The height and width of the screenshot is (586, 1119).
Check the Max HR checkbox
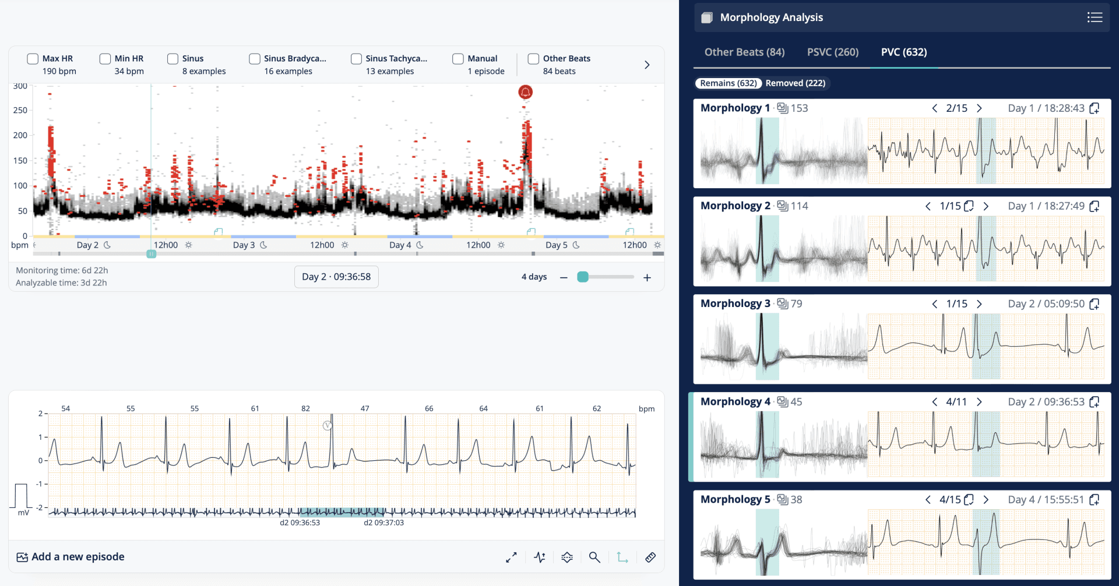(x=33, y=59)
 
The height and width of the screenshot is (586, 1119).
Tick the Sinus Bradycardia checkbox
(x=255, y=59)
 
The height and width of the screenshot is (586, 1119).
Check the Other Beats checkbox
(x=533, y=59)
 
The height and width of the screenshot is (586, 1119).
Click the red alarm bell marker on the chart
(x=525, y=92)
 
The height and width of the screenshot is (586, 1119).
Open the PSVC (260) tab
(x=832, y=52)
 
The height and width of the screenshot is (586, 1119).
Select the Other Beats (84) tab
(x=744, y=52)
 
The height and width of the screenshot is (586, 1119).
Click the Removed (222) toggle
(x=795, y=83)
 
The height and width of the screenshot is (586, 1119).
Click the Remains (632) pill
(x=728, y=83)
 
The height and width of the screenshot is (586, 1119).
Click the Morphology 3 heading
(x=735, y=303)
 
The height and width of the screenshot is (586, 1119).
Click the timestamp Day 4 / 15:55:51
(x=1046, y=500)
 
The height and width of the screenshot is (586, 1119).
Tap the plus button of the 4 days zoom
(x=647, y=278)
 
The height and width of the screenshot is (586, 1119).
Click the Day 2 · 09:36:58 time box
(x=336, y=277)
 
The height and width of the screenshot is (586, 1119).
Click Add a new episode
(x=71, y=557)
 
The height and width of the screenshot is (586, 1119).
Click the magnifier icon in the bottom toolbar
(x=594, y=557)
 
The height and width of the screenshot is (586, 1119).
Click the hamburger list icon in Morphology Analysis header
(x=1095, y=17)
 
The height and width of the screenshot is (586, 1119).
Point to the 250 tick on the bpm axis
(x=20, y=110)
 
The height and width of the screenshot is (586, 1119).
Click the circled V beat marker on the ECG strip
(x=328, y=426)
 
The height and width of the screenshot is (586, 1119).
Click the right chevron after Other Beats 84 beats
(x=647, y=65)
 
